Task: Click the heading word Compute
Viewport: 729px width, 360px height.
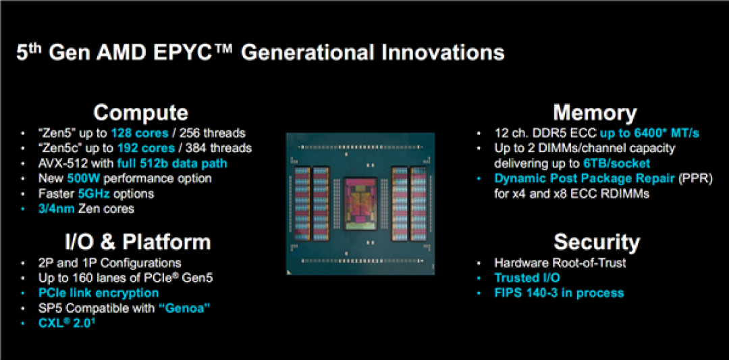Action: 141,113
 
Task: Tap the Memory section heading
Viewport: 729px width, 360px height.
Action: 595,113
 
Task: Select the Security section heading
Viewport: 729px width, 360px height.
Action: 597,242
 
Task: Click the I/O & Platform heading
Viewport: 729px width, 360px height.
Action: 138,242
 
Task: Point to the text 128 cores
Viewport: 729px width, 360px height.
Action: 140,134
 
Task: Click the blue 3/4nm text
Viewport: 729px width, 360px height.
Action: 56,209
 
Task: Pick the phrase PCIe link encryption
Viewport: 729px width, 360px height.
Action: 99,293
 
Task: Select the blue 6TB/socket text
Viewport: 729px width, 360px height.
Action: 616,163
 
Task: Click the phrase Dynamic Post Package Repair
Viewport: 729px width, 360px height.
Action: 585,178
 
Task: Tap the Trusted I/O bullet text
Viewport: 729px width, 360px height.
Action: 527,278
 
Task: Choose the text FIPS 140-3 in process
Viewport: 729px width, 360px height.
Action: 559,293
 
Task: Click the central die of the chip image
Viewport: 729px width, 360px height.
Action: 360,204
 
